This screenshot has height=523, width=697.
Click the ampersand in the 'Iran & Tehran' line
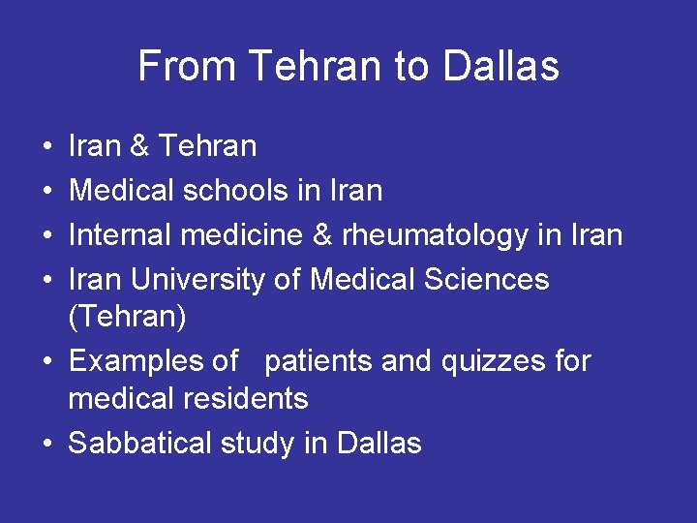click(139, 147)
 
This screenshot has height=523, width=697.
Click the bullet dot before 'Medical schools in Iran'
click(47, 192)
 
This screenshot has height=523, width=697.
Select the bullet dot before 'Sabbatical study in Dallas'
click(47, 445)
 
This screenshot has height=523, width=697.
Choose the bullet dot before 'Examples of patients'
click(47, 362)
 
